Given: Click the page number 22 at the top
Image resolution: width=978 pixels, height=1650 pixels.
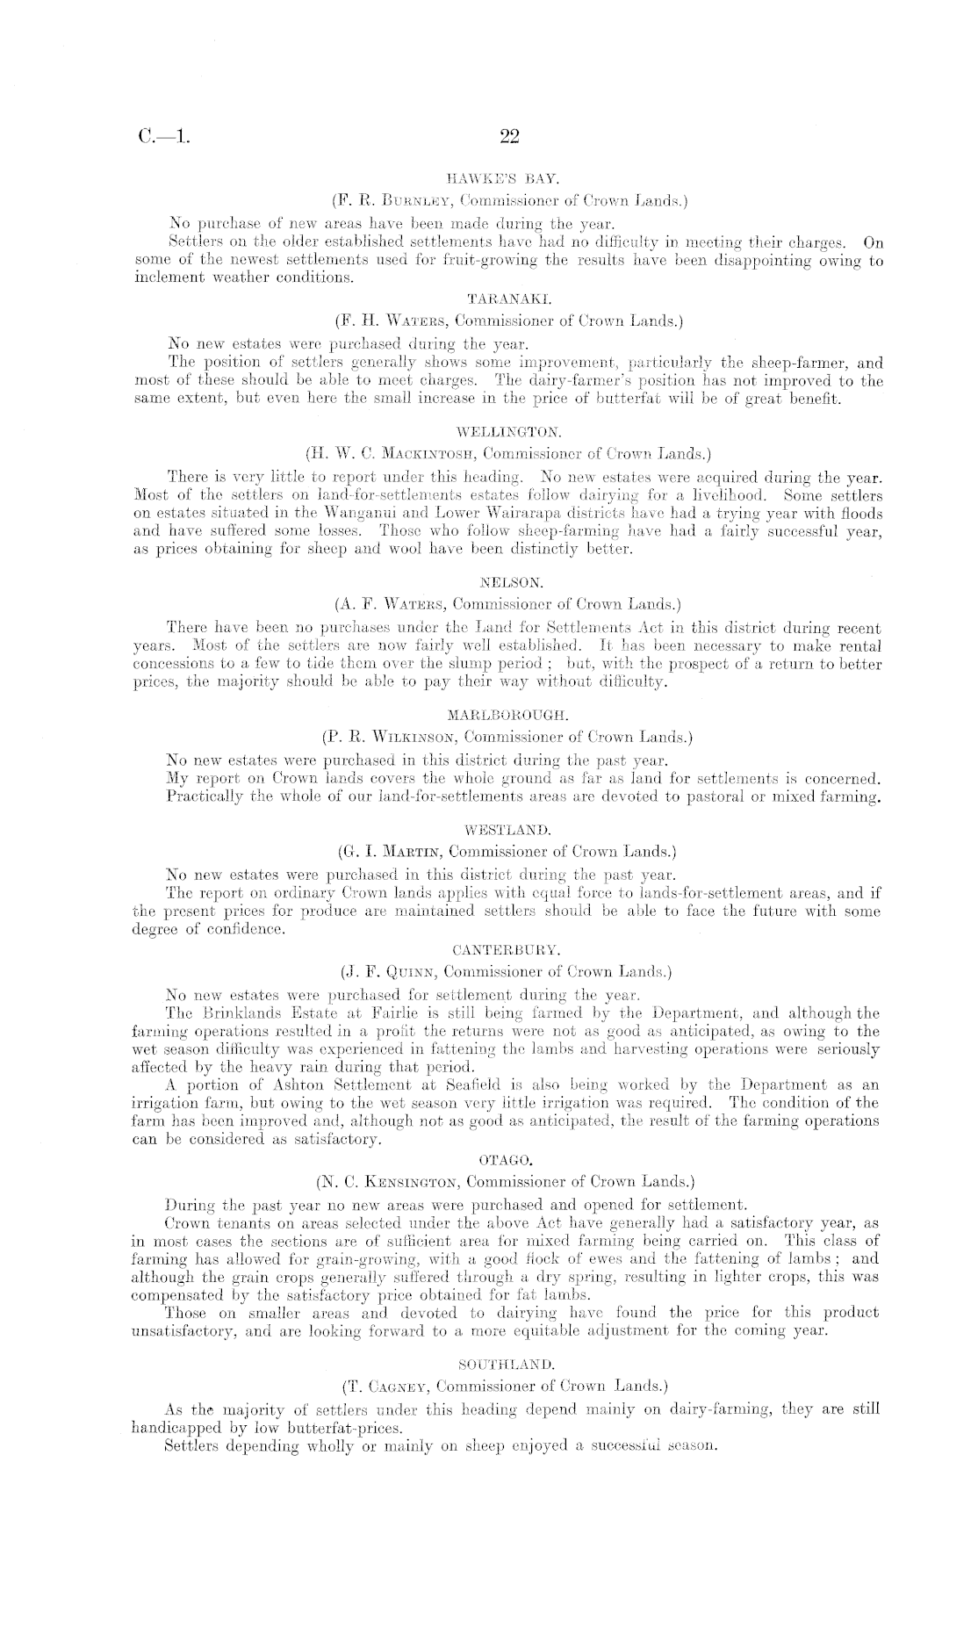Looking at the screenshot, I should point(509,137).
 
